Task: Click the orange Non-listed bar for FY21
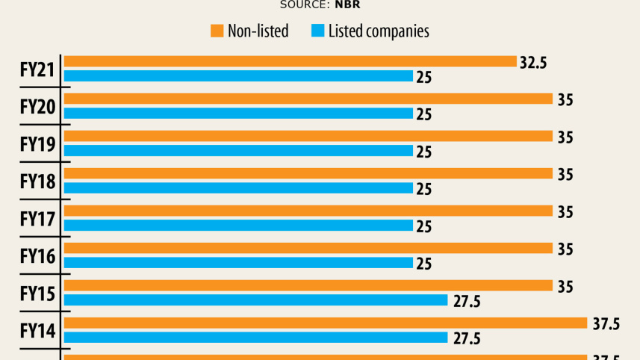(x=290, y=61)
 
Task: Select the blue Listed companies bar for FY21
(x=238, y=75)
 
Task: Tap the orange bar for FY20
(x=308, y=99)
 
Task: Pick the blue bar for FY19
(x=238, y=150)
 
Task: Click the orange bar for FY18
(x=308, y=173)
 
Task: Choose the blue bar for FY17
(x=238, y=225)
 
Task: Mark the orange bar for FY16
(x=308, y=248)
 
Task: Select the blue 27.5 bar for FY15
(x=255, y=300)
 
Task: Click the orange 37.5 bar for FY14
(x=326, y=323)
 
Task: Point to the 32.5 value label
(x=533, y=63)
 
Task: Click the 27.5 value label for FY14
(x=466, y=338)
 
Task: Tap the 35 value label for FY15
(x=565, y=286)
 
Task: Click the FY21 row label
(x=37, y=69)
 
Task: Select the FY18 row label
(x=37, y=181)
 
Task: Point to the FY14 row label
(x=37, y=330)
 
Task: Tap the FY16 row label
(x=37, y=255)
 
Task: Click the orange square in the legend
(x=217, y=31)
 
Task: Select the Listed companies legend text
(x=379, y=31)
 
